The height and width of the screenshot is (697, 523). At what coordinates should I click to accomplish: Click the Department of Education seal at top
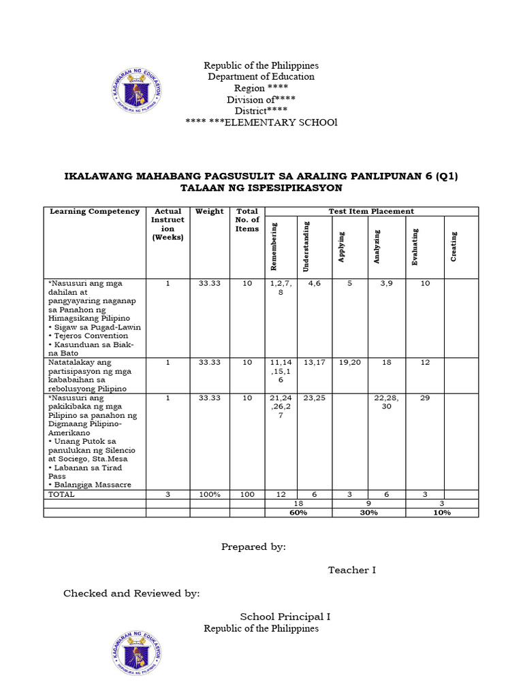(135, 93)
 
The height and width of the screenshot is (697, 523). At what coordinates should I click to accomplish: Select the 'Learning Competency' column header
(95, 212)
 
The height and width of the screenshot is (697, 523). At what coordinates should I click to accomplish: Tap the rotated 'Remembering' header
(274, 242)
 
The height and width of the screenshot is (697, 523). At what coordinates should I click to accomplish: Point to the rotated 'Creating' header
(454, 246)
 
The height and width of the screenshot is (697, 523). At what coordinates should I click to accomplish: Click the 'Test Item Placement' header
(371, 212)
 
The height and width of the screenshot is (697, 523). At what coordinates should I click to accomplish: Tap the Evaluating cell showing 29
(425, 398)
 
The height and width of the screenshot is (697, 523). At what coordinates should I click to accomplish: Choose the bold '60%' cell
(298, 513)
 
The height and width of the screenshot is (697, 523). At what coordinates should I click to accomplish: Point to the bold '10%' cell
(442, 513)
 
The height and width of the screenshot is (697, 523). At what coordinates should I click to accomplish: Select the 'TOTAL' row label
(61, 494)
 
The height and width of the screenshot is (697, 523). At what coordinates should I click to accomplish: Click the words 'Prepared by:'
(253, 547)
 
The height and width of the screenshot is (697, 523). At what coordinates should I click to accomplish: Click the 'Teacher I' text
(351, 570)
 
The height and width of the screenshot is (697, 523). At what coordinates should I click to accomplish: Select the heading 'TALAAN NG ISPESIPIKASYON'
(261, 188)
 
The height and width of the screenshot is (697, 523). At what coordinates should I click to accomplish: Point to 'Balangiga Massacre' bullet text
(91, 485)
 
